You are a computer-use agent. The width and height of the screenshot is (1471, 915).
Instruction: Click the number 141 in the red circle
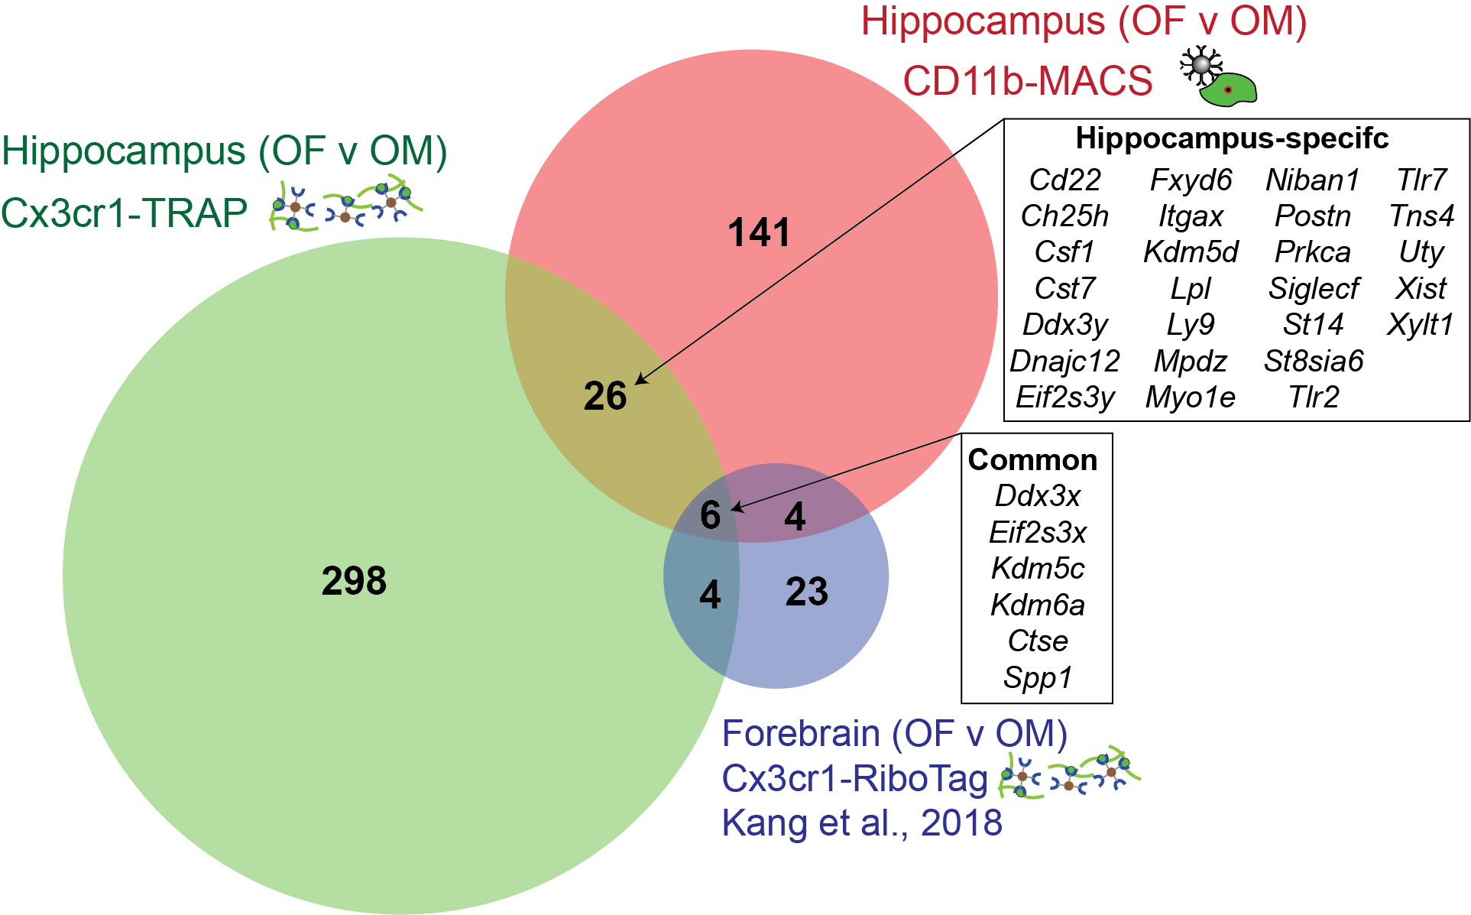(x=759, y=232)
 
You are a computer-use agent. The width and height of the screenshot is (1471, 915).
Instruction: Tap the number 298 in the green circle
(x=354, y=581)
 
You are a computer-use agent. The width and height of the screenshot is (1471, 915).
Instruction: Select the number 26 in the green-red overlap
(x=605, y=396)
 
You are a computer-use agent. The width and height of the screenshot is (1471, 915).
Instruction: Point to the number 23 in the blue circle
(x=807, y=592)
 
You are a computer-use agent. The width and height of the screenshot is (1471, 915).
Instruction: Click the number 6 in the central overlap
(x=711, y=515)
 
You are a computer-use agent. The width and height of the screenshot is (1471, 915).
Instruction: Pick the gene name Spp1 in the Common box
(x=1038, y=678)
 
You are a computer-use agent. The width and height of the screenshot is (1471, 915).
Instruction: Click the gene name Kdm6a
(x=1038, y=605)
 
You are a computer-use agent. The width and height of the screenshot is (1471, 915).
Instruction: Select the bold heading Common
(x=1032, y=460)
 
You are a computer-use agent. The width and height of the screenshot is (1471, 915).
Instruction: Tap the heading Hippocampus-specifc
(x=1232, y=138)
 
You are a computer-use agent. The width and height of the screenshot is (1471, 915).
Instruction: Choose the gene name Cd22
(x=1065, y=180)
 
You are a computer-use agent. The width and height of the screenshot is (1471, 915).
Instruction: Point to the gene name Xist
(x=1421, y=289)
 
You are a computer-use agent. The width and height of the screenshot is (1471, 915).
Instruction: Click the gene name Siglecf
(x=1314, y=289)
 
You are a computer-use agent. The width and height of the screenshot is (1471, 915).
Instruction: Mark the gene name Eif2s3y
(x=1065, y=397)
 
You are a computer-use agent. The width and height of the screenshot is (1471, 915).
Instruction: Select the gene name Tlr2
(x=1314, y=397)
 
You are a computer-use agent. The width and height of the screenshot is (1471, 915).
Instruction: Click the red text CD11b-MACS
(x=1028, y=81)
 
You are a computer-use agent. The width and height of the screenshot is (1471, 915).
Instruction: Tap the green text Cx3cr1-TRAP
(x=124, y=213)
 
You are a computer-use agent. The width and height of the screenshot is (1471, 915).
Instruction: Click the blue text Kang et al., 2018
(x=862, y=823)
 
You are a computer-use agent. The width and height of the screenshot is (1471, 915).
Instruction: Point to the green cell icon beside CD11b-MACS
(x=1228, y=89)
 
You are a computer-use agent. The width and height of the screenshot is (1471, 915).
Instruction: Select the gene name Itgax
(x=1191, y=217)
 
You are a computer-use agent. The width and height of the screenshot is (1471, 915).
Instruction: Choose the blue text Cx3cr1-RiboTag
(x=855, y=779)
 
